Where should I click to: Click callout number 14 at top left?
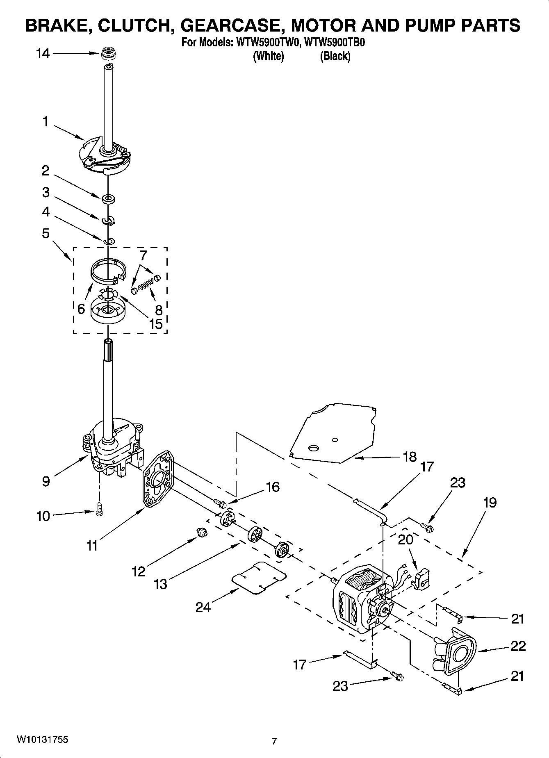coord(43,53)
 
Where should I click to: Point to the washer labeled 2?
coord(108,199)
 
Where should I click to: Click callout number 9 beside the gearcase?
coord(46,481)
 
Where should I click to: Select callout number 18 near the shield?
coord(410,457)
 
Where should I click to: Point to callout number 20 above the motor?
coord(405,539)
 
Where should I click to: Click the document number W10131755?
coord(43,740)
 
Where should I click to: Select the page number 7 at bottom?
coord(274,741)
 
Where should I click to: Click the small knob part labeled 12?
coord(201,532)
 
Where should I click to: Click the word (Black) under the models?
coord(335,56)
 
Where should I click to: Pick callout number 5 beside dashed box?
coord(46,233)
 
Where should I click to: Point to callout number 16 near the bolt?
coord(272,487)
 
